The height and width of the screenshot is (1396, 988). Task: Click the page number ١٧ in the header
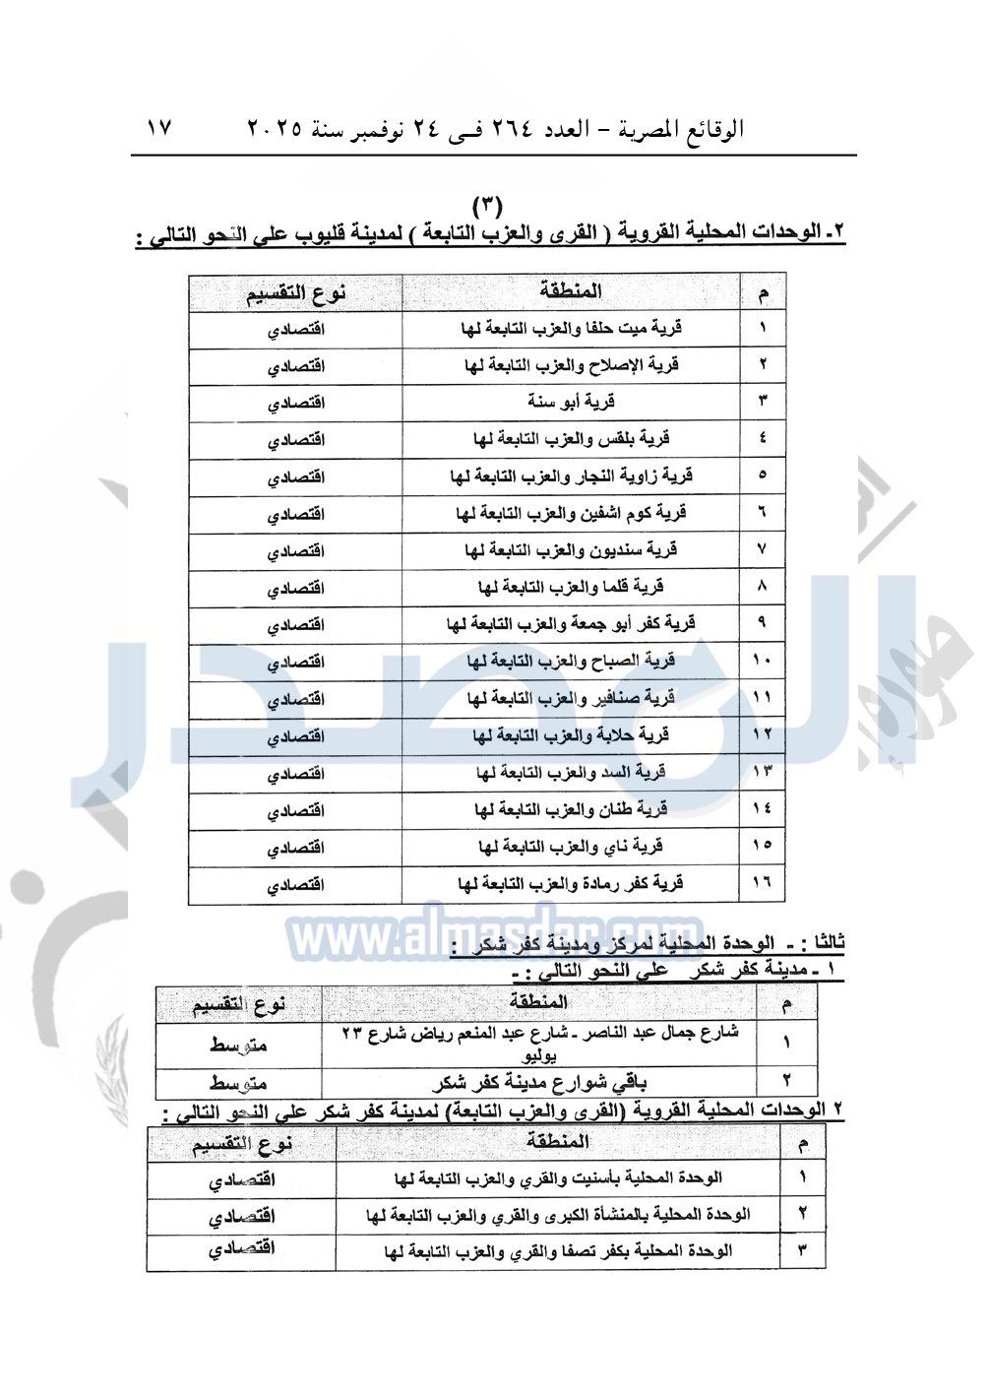[x=158, y=128]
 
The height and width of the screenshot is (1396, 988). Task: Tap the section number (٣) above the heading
[x=487, y=206]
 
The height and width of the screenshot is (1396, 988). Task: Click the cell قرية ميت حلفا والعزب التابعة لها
[x=571, y=329]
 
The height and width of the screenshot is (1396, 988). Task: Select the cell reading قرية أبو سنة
[x=571, y=403]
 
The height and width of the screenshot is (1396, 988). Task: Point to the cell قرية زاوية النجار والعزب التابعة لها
[x=571, y=476]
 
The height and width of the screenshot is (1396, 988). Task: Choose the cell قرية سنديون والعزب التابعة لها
[x=571, y=550]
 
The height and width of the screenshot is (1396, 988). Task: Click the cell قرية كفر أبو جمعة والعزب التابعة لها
[x=571, y=624]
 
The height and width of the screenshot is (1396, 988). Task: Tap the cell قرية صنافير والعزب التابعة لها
[x=571, y=699]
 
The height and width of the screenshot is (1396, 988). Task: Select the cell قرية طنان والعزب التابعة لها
[x=571, y=810]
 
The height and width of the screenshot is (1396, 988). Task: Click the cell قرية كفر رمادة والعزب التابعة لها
[x=571, y=884]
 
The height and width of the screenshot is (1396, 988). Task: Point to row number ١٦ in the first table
[x=762, y=883]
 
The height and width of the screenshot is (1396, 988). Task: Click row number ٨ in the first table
[x=762, y=587]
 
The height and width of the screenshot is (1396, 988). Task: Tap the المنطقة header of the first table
[x=571, y=291]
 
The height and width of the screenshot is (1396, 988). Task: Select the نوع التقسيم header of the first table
[x=295, y=293]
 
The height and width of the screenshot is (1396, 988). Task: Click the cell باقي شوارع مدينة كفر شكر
[x=539, y=1083]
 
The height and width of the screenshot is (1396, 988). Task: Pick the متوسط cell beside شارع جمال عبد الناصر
[x=238, y=1045]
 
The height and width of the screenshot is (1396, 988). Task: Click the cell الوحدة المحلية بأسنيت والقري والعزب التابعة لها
[x=558, y=1178]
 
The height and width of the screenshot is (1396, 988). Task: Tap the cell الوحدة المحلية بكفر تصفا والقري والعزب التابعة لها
[x=558, y=1251]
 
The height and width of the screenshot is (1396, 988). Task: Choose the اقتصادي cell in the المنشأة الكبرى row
[x=241, y=1216]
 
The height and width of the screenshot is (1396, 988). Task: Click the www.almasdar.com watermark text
[x=495, y=937]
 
